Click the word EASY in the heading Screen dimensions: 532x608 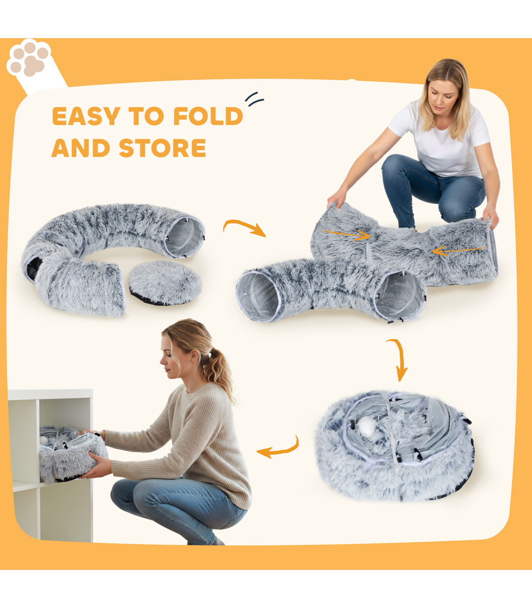click(x=86, y=116)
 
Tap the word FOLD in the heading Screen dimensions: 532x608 click(x=208, y=116)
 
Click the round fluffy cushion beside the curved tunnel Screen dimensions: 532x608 click(x=165, y=282)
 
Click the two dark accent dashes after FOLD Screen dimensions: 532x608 click(x=254, y=99)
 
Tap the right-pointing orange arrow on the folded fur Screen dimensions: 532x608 click(x=346, y=234)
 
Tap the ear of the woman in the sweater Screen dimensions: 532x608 click(x=195, y=356)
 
